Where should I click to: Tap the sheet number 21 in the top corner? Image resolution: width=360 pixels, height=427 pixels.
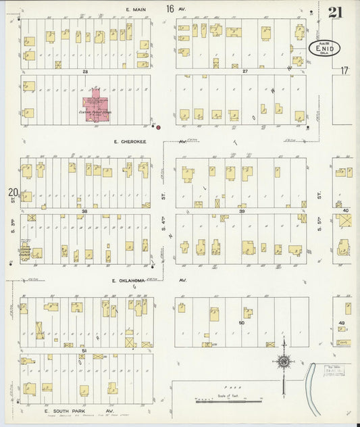[x=336, y=12]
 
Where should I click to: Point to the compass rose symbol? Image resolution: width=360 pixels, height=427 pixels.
[x=284, y=361]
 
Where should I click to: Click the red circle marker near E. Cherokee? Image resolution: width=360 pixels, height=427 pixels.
[x=159, y=127]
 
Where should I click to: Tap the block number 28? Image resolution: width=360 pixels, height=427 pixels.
[x=85, y=71]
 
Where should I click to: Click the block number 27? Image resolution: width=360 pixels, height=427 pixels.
[x=245, y=71]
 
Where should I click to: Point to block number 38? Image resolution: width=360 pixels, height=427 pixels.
[x=85, y=211]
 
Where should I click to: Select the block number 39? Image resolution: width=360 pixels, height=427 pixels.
[x=241, y=211]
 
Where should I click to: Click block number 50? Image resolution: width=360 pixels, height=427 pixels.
[x=241, y=324]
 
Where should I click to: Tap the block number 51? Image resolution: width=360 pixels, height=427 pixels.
[x=84, y=351]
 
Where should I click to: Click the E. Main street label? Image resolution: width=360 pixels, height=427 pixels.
[x=136, y=9]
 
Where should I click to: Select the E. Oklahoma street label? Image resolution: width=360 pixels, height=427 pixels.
[x=128, y=280]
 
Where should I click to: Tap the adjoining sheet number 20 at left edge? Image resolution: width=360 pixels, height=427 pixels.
[x=12, y=194]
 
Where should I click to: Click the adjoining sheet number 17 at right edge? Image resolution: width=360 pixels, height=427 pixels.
[x=344, y=70]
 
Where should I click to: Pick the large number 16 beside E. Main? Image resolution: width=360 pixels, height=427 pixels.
[x=170, y=9]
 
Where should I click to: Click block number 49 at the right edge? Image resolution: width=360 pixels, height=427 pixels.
[x=342, y=324]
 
